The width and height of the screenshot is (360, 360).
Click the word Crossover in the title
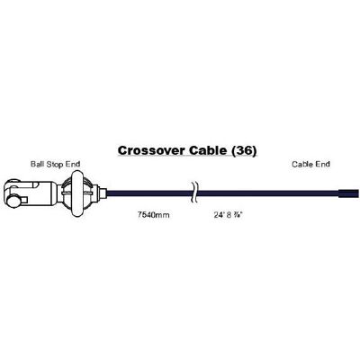(151, 150)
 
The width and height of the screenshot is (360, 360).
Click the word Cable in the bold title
(208, 150)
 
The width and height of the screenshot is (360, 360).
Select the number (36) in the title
(244, 150)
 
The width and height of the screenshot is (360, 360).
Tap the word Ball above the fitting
(36, 164)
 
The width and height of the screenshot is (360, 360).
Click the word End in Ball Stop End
(72, 164)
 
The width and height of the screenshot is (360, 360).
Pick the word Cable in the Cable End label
(301, 164)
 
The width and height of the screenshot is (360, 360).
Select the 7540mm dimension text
(153, 215)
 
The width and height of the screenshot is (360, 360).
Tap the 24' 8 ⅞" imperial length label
(228, 215)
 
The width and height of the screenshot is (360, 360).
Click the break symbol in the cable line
(193, 193)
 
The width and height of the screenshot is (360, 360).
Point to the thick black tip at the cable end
(348, 193)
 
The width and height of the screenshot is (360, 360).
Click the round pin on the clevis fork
(13, 201)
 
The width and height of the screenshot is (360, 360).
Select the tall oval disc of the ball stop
(77, 193)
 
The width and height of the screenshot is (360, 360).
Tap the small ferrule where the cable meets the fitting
(102, 193)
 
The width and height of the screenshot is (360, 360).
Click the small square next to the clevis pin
(24, 199)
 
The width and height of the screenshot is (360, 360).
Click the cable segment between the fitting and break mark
(149, 193)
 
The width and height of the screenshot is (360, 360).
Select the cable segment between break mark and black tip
(267, 193)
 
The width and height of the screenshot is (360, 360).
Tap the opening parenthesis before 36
(234, 151)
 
